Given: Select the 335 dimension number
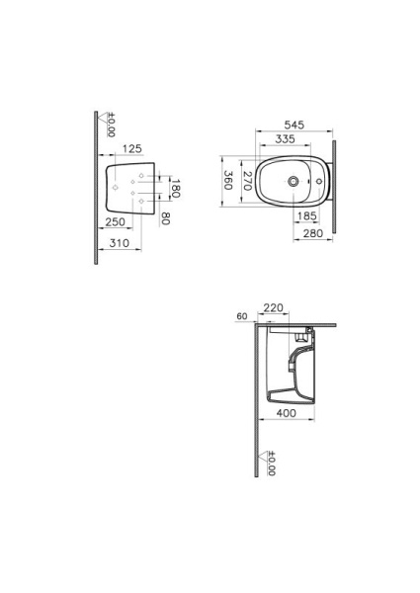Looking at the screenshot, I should [x=286, y=140].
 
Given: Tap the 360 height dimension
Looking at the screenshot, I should [x=227, y=180].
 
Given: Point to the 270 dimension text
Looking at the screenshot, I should [x=247, y=180].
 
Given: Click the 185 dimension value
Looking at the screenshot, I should [x=306, y=214].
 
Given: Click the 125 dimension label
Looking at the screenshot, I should [x=128, y=149].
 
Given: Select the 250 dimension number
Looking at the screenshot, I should [x=115, y=222].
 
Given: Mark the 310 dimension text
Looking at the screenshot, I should [x=118, y=242].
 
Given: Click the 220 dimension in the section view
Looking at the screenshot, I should [x=274, y=308].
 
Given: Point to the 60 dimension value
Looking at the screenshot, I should [x=242, y=316].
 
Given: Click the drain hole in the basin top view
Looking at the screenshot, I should [x=294, y=182].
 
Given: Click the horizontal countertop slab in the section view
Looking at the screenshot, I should [x=296, y=324].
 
